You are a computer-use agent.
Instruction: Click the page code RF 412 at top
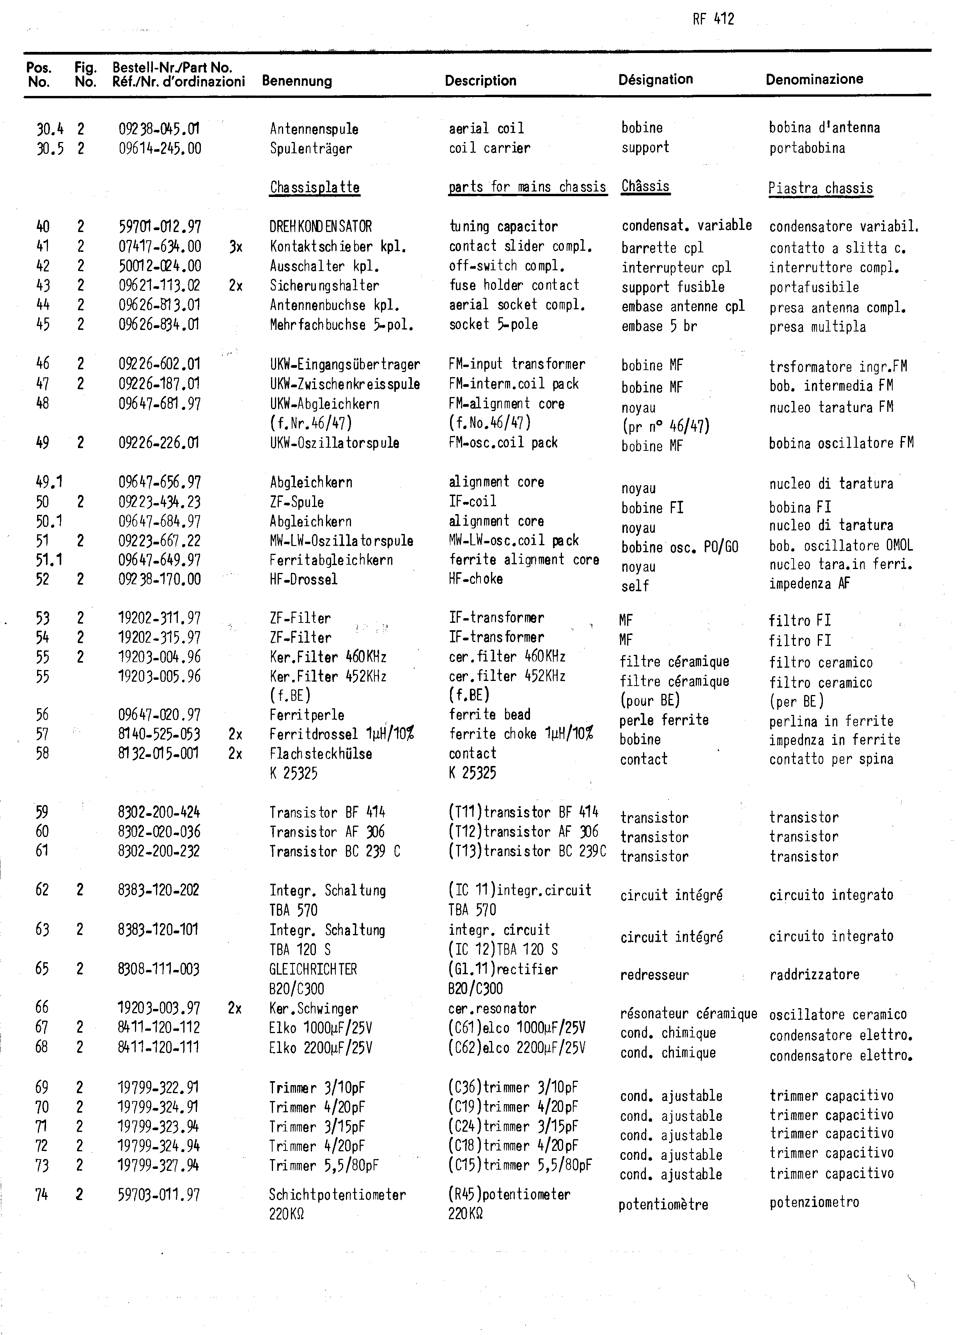713,20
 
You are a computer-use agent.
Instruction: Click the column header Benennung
297,81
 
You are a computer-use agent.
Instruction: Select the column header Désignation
655,80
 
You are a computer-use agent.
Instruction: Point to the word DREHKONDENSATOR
321,227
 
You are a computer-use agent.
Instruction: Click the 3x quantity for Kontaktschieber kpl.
236,246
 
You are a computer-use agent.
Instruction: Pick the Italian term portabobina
806,148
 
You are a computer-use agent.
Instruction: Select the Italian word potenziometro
814,1202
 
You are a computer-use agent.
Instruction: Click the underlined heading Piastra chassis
820,189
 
